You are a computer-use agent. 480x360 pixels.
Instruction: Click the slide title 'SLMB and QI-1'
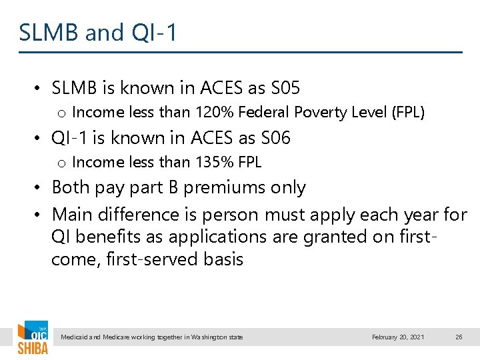pyautogui.click(x=98, y=32)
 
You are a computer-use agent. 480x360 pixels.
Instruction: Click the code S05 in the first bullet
pyautogui.click(x=285, y=87)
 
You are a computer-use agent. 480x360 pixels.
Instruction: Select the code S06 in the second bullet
pyautogui.click(x=275, y=138)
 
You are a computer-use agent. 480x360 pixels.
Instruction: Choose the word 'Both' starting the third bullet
pyautogui.click(x=71, y=188)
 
